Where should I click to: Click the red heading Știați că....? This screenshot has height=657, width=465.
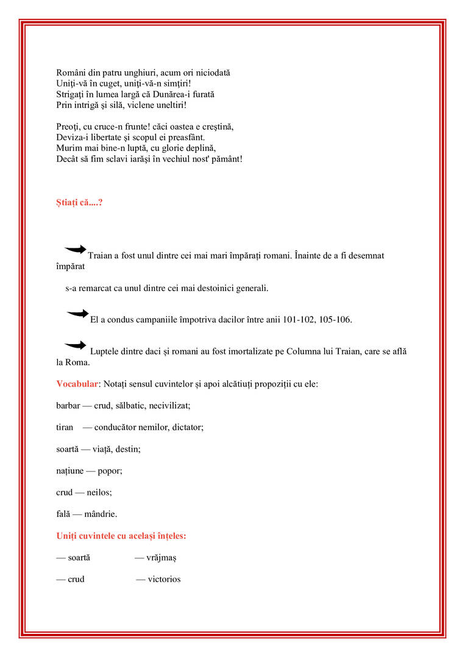(x=79, y=202)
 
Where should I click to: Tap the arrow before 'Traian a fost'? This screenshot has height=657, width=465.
(x=76, y=248)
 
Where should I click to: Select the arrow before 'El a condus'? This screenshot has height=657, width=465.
(x=77, y=313)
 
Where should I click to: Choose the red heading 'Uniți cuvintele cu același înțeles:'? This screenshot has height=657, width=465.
(x=121, y=536)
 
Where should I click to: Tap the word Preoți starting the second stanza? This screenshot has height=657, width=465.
(x=69, y=127)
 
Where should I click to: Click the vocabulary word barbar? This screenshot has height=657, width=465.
(x=68, y=406)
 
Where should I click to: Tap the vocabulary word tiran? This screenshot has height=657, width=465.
(x=65, y=427)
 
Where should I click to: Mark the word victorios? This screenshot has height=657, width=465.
(x=164, y=580)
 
